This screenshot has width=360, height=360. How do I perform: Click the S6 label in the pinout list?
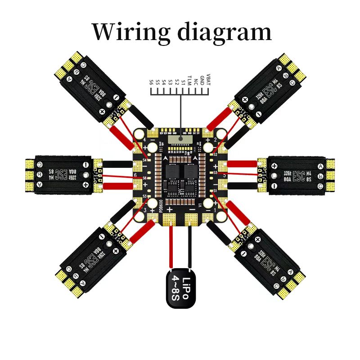[152, 82]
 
